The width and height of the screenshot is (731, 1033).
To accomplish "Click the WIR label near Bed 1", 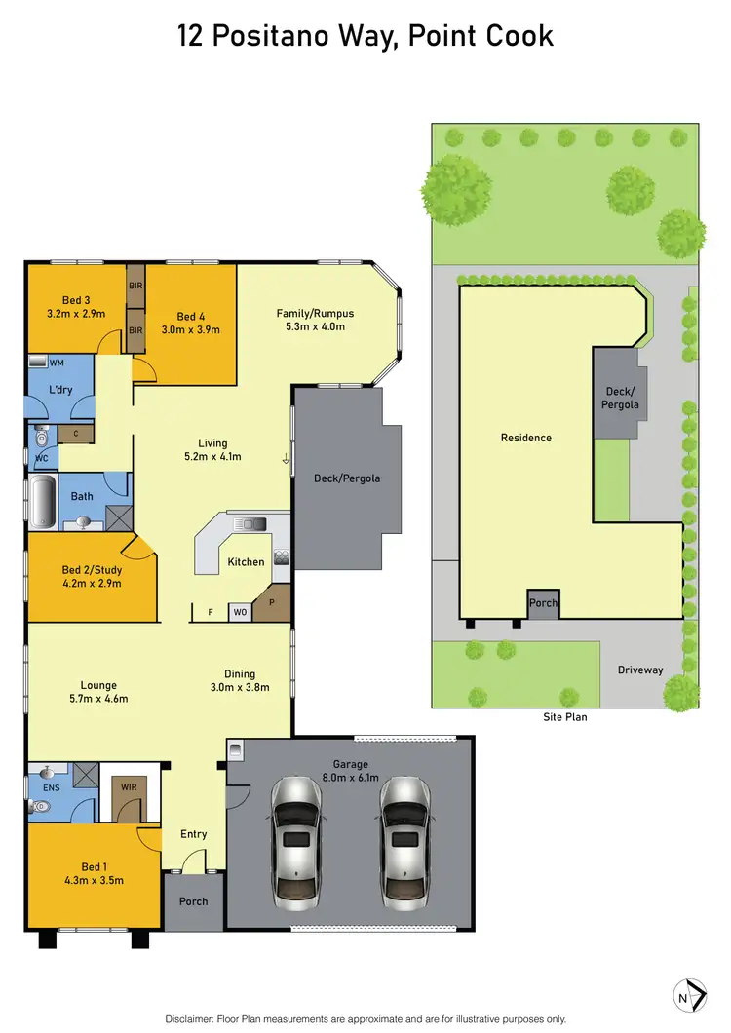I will pyautogui.click(x=129, y=785).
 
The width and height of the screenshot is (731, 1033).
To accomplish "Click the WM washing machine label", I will pyautogui.click(x=57, y=363).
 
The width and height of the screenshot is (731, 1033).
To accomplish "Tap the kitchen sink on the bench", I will pyautogui.click(x=251, y=524).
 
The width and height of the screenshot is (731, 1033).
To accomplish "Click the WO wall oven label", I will pyautogui.click(x=239, y=613).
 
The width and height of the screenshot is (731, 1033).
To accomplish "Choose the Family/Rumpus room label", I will pyautogui.click(x=315, y=313).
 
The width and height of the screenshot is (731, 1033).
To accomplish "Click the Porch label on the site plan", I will pyautogui.click(x=543, y=603).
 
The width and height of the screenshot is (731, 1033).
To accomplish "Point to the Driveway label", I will pyautogui.click(x=639, y=670).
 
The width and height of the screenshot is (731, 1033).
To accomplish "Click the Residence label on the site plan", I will pyautogui.click(x=526, y=438).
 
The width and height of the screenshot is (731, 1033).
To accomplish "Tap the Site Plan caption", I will pyautogui.click(x=565, y=716).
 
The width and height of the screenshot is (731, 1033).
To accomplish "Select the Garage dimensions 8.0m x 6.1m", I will pyautogui.click(x=348, y=779).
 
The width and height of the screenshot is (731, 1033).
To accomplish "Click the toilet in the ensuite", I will pyautogui.click(x=41, y=806).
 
